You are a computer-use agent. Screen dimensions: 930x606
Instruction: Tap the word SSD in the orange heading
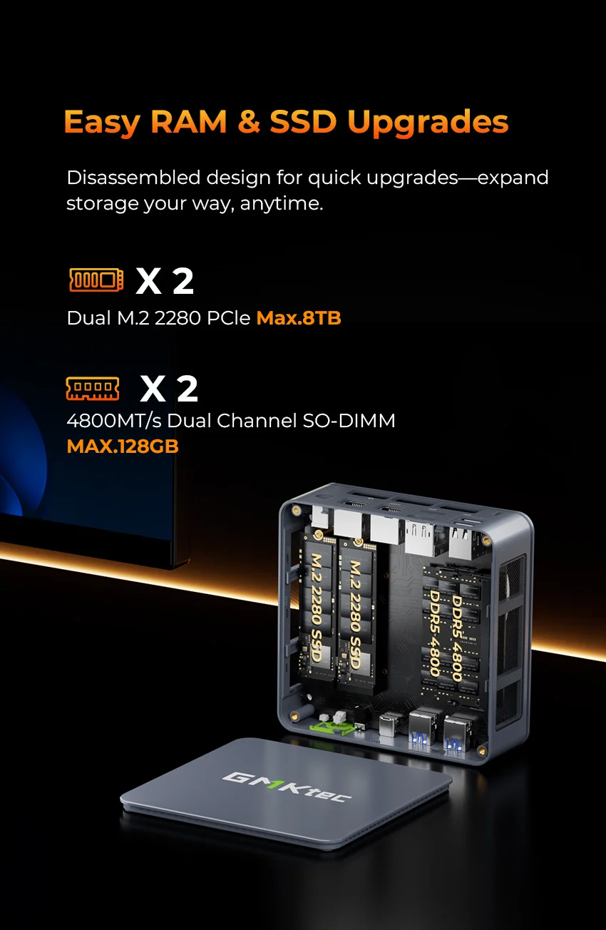pos(302,121)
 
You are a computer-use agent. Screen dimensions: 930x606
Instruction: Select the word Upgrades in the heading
pos(428,121)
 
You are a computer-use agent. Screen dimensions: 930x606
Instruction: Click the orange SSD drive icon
pos(96,280)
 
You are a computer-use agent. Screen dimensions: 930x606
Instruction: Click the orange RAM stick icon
pos(93,388)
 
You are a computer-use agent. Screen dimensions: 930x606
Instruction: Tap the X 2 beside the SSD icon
pos(165,281)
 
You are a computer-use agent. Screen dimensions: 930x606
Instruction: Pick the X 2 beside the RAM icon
pos(168,388)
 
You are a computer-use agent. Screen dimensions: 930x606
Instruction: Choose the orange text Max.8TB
pos(299,318)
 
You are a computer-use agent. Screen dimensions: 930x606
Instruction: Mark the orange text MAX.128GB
pos(122,446)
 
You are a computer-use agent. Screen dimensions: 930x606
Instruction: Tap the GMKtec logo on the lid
pos(287,787)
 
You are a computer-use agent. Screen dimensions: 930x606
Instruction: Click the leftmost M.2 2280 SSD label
pos(315,608)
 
